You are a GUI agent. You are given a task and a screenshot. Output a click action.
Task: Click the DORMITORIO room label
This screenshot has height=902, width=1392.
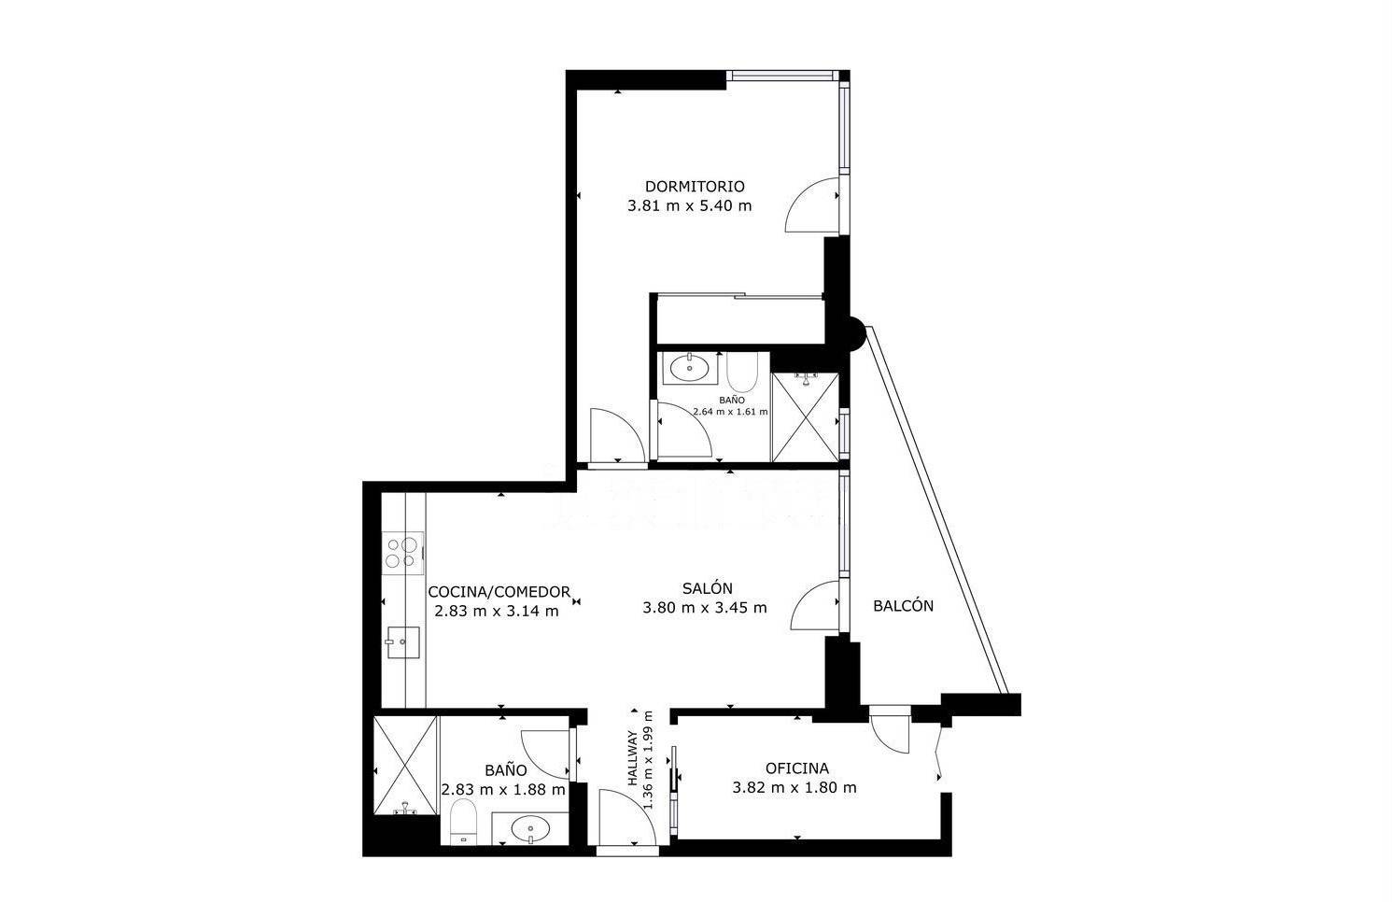pos(695,186)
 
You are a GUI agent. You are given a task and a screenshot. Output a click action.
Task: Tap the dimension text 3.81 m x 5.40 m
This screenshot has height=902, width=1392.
pos(690,205)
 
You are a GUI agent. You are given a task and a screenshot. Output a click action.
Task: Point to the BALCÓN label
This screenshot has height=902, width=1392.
pos(903,605)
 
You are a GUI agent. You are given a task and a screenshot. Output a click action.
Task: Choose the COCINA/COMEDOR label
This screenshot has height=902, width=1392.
pos(499,591)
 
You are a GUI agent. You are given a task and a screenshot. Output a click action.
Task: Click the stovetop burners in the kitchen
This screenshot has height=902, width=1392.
pos(402,553)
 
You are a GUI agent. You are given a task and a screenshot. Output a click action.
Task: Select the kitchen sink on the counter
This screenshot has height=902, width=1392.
pos(402,642)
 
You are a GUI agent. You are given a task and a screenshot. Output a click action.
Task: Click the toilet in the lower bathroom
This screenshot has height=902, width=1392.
pos(462,821)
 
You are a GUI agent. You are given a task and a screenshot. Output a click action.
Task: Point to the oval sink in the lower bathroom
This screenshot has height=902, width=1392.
pos(530,828)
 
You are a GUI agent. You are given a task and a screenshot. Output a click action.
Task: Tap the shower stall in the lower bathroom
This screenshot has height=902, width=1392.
pos(405,765)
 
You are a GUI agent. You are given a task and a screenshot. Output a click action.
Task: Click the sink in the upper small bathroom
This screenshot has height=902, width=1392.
pos(690,368)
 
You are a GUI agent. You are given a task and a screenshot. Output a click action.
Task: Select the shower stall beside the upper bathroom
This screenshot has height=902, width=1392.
pos(805,417)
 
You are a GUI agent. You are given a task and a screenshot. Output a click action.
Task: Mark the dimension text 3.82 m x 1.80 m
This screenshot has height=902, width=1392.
pos(794,788)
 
